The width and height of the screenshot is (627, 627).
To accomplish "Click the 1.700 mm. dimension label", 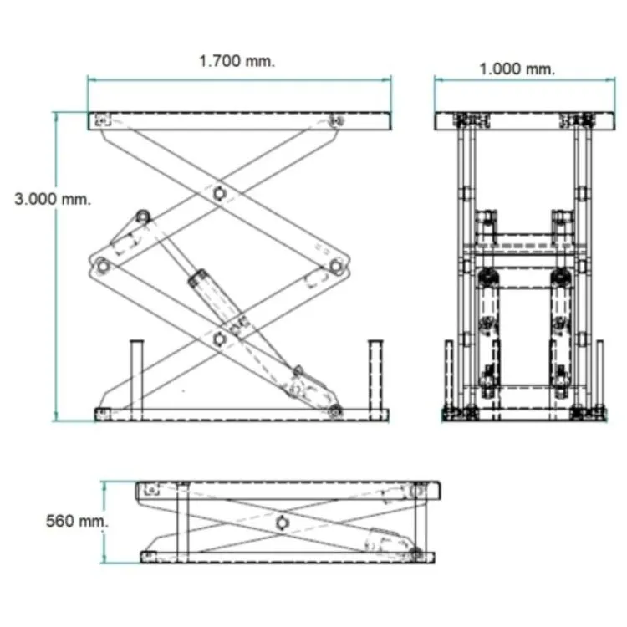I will [x=237, y=61].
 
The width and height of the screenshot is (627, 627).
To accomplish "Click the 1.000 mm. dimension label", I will [x=516, y=69].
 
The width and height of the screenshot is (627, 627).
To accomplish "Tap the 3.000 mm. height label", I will [x=53, y=199].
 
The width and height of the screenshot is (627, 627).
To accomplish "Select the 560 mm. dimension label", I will [x=76, y=521].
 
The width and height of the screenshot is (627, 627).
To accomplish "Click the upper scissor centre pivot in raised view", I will [x=219, y=193].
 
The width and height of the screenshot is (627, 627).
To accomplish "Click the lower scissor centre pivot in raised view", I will [x=219, y=339].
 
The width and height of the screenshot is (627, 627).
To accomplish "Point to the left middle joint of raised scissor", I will [x=103, y=267].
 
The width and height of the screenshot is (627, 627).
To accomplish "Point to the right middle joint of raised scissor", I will [x=335, y=267].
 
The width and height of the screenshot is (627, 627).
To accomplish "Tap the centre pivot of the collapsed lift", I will [x=282, y=522].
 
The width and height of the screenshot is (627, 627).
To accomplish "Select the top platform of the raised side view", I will [x=240, y=120].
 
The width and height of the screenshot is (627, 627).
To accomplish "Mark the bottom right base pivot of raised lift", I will [x=335, y=410].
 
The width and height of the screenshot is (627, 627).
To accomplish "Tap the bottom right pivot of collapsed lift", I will [x=415, y=553].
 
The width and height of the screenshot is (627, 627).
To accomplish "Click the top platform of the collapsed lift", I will [x=288, y=489].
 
